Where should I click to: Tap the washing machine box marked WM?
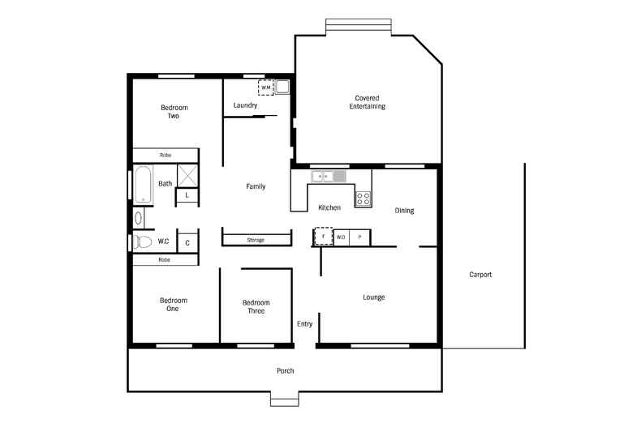click(266, 88)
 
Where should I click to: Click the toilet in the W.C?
click(144, 241)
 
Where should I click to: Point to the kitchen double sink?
click(329, 176)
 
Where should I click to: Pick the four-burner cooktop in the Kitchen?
click(363, 199)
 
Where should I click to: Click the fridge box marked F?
click(323, 237)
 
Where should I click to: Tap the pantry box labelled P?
click(359, 237)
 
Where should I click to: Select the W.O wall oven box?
click(342, 237)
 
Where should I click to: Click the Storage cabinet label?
click(256, 240)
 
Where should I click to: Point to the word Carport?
click(480, 275)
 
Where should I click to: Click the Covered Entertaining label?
click(367, 102)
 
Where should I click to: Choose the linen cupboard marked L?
click(187, 195)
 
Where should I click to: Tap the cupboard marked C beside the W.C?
click(187, 242)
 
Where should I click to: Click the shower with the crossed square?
click(187, 176)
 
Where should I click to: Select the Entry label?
click(304, 324)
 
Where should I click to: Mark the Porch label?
click(285, 371)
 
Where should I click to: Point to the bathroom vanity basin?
click(138, 217)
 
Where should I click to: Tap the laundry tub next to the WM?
click(282, 87)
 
